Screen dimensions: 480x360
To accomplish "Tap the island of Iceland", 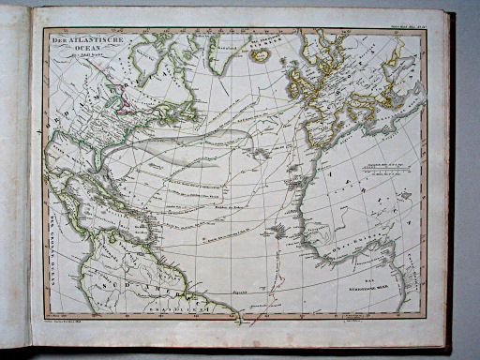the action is point(262,54).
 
